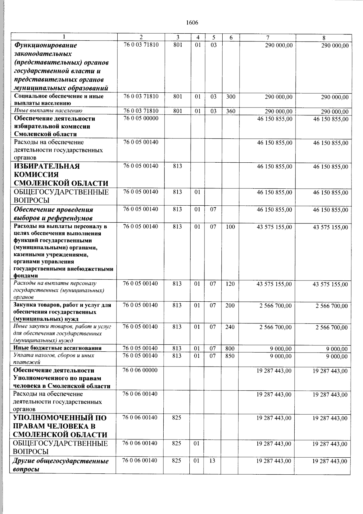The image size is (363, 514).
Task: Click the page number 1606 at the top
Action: (x=192, y=23)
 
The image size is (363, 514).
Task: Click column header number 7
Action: (x=268, y=38)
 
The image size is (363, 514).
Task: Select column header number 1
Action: (x=64, y=37)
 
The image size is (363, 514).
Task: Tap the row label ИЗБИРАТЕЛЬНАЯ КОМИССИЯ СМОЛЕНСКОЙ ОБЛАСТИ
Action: (x=60, y=175)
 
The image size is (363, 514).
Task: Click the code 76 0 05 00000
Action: (x=141, y=118)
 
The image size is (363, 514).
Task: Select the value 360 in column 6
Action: (x=231, y=111)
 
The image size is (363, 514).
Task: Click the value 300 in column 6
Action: (x=231, y=97)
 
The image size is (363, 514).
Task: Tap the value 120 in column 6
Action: (x=230, y=284)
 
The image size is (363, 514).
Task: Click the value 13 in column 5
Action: (x=213, y=461)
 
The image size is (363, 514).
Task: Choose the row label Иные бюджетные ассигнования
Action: (x=57, y=348)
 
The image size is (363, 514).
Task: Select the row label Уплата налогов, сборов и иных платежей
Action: (x=54, y=359)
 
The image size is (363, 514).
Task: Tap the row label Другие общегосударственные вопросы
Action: (x=60, y=465)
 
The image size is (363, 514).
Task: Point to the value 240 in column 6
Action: (x=230, y=327)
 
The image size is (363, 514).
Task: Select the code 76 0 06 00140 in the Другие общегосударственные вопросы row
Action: (x=140, y=461)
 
